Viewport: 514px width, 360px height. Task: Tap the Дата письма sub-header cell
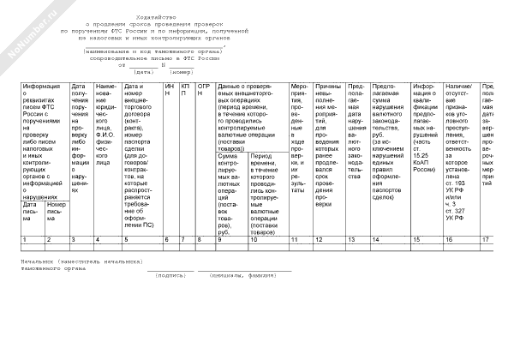pos(32,210)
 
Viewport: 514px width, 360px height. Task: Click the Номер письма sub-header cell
pos(56,210)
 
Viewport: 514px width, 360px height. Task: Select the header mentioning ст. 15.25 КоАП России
pos(426,129)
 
